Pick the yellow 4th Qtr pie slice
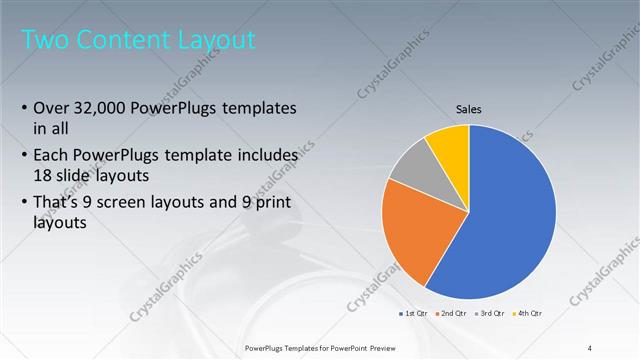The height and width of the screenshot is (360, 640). click(x=448, y=145)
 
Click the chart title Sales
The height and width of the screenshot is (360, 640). click(x=469, y=109)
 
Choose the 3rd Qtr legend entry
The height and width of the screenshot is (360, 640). click(x=490, y=314)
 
